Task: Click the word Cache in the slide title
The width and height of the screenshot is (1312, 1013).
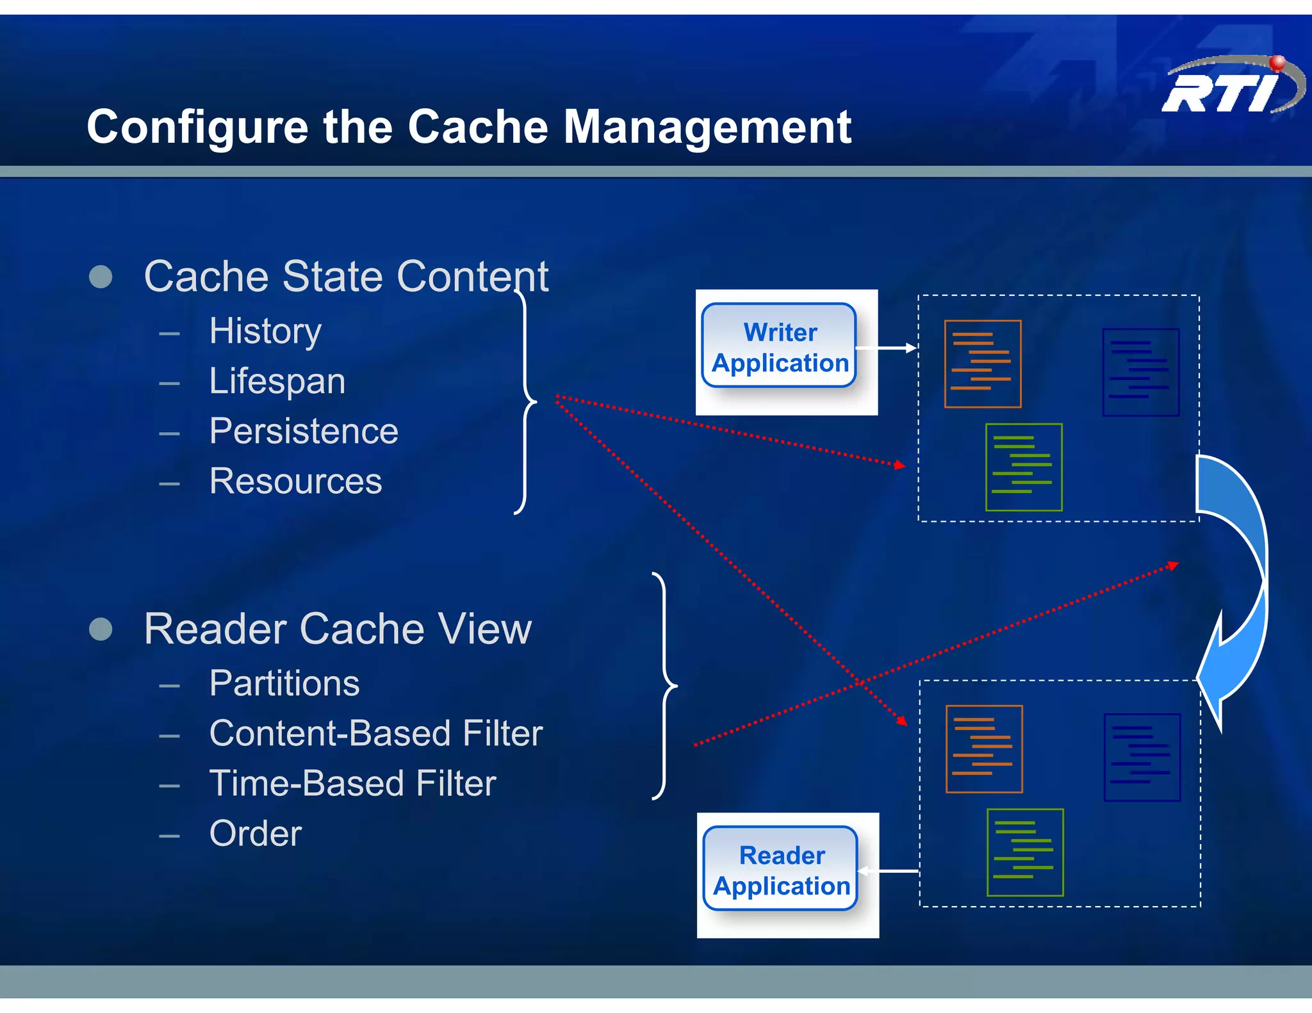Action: (478, 127)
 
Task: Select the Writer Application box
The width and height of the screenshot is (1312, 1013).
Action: (780, 347)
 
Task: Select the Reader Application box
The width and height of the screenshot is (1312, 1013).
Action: (781, 870)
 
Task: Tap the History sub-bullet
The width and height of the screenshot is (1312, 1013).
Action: (265, 332)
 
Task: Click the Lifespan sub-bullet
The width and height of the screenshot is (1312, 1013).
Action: (277, 382)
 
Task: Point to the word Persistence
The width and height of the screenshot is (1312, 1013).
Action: (304, 432)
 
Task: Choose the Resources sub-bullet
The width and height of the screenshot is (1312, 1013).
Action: (295, 482)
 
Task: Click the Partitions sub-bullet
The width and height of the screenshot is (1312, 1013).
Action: (284, 684)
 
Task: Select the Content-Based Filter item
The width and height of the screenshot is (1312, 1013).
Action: (375, 734)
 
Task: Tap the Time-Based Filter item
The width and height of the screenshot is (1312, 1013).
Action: (352, 784)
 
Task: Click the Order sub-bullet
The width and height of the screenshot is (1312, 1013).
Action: (255, 834)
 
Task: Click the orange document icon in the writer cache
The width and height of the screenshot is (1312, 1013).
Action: (982, 364)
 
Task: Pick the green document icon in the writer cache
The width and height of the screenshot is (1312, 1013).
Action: (1023, 467)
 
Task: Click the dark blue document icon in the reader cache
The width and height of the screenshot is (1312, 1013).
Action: (1142, 758)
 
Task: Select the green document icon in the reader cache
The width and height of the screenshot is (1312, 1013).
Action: (1024, 852)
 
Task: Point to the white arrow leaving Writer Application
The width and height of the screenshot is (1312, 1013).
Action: (887, 348)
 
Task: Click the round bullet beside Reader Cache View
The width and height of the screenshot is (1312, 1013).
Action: (101, 629)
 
